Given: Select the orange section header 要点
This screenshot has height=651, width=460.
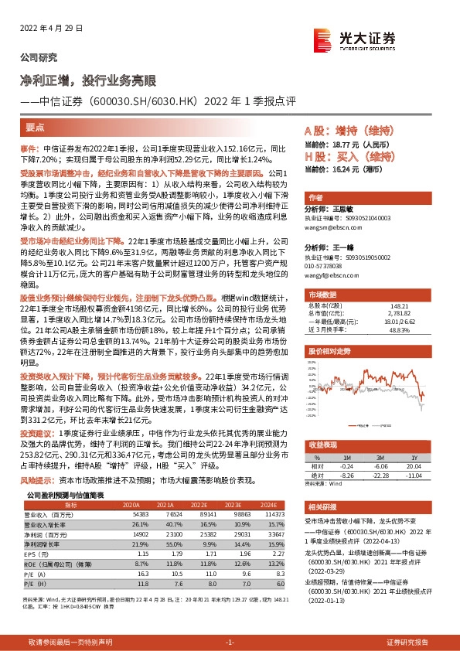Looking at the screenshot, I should coord(36,130).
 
